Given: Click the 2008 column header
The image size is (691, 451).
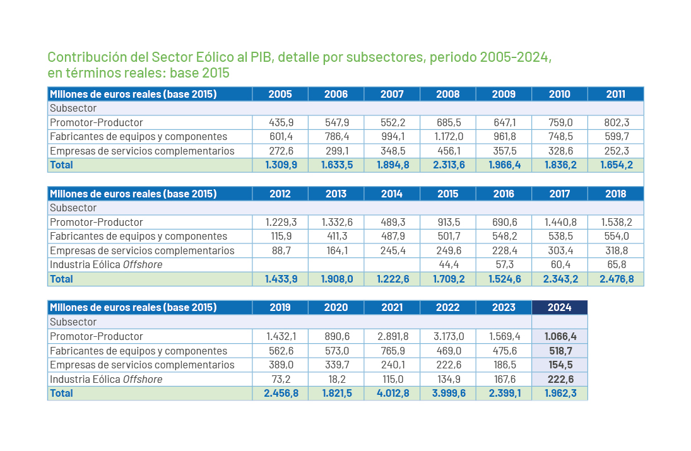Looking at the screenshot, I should (x=448, y=94).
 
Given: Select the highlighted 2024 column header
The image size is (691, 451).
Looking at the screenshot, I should (x=560, y=307).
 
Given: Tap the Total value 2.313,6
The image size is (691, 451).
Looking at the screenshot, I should (x=448, y=165).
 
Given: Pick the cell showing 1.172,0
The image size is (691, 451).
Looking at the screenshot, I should (x=448, y=136).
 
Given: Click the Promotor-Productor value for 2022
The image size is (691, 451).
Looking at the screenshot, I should (x=448, y=336).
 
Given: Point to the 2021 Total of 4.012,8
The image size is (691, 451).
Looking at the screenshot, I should (x=392, y=393).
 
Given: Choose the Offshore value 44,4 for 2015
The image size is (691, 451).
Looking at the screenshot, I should (x=448, y=264).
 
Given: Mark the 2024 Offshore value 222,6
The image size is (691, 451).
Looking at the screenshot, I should (x=560, y=379).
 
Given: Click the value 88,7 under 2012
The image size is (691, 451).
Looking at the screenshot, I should (x=280, y=250).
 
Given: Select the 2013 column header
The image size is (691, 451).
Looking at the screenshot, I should (x=336, y=194).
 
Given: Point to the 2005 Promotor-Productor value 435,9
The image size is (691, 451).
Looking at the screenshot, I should (x=280, y=122).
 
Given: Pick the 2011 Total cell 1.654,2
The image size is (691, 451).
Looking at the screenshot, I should (x=616, y=165).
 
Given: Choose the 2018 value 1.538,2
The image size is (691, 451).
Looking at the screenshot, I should (x=616, y=222).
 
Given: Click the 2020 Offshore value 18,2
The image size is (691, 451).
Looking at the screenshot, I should (x=336, y=379).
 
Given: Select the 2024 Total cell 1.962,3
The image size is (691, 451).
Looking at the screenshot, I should (x=560, y=393).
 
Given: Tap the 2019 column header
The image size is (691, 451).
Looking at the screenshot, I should (x=280, y=307).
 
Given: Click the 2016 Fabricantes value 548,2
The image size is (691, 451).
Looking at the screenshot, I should (x=504, y=236).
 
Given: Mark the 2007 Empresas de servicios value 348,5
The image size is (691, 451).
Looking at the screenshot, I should (x=392, y=151).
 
